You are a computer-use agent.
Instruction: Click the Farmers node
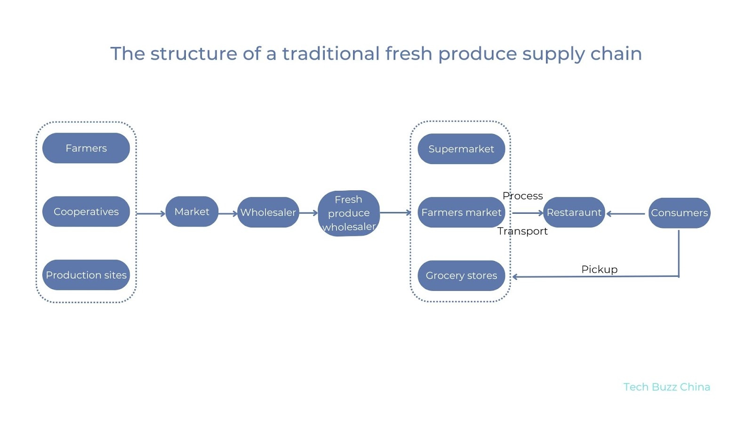point(86,148)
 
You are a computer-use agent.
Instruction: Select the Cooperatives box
point(86,211)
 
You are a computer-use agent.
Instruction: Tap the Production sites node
point(86,275)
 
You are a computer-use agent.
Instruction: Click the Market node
point(192,211)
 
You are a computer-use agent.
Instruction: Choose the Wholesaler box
point(268,212)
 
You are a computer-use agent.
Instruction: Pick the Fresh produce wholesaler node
point(349,213)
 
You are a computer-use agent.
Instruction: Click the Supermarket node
point(461,149)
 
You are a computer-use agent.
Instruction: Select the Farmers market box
point(461,212)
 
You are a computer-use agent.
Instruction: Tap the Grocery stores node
point(461,275)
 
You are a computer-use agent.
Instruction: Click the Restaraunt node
point(574,212)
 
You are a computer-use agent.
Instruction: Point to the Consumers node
point(679,213)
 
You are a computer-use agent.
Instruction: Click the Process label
point(523,196)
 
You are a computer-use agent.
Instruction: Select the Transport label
point(523,231)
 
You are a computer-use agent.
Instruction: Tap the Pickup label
point(599,269)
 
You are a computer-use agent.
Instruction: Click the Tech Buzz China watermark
point(666,387)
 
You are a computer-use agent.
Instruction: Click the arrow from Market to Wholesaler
point(228,213)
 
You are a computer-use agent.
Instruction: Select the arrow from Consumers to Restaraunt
point(626,214)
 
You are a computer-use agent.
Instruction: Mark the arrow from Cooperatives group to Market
point(151,213)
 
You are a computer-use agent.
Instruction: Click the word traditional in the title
point(330,54)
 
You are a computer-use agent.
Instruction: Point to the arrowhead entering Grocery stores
point(515,277)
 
